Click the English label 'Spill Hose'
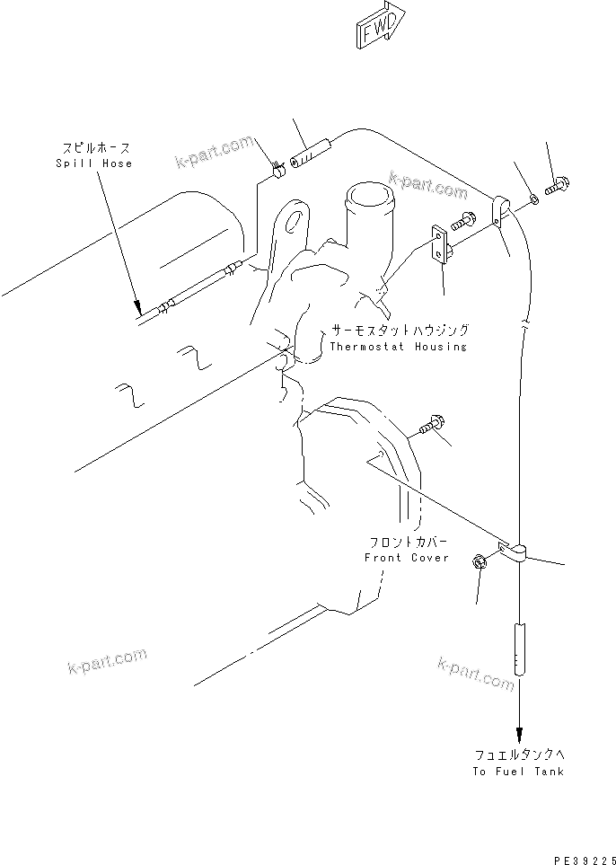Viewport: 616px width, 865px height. pyautogui.click(x=93, y=163)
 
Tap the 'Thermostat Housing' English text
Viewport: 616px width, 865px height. pyautogui.click(x=398, y=346)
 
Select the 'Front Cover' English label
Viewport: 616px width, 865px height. pyautogui.click(x=406, y=558)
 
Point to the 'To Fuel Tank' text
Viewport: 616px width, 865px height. pyautogui.click(x=518, y=771)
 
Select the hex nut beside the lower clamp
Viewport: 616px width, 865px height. pyautogui.click(x=479, y=562)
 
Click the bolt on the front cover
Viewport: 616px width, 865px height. pyautogui.click(x=431, y=422)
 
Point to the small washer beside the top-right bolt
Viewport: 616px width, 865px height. pyautogui.click(x=533, y=198)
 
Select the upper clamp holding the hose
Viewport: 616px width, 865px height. pyautogui.click(x=500, y=210)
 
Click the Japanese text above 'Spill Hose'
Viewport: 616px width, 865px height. pyautogui.click(x=93, y=148)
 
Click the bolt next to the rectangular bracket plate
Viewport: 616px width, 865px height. pyautogui.click(x=463, y=218)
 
